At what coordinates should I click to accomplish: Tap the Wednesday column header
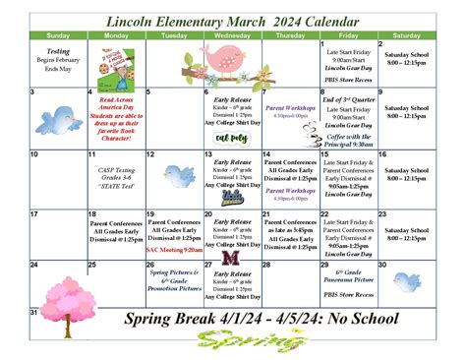[233, 34]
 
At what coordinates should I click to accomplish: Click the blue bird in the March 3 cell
[58, 120]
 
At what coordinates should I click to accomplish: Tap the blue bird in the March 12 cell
[178, 176]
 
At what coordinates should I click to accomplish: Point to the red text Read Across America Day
[118, 103]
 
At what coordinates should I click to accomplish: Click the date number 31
[35, 313]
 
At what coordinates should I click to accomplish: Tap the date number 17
[35, 213]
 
